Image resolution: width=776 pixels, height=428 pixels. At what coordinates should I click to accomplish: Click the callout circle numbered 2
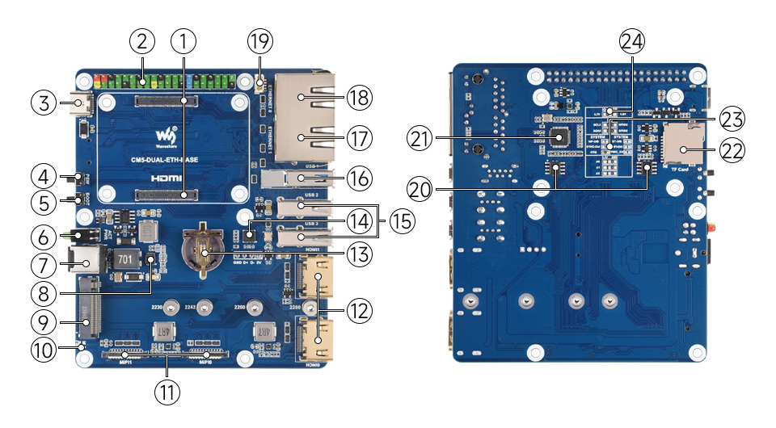[141, 40]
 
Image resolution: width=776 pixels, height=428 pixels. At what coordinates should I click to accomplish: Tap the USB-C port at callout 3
[82, 103]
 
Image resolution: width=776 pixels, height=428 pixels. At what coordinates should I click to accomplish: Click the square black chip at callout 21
[559, 138]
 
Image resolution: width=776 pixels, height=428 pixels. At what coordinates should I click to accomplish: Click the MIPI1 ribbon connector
[125, 354]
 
